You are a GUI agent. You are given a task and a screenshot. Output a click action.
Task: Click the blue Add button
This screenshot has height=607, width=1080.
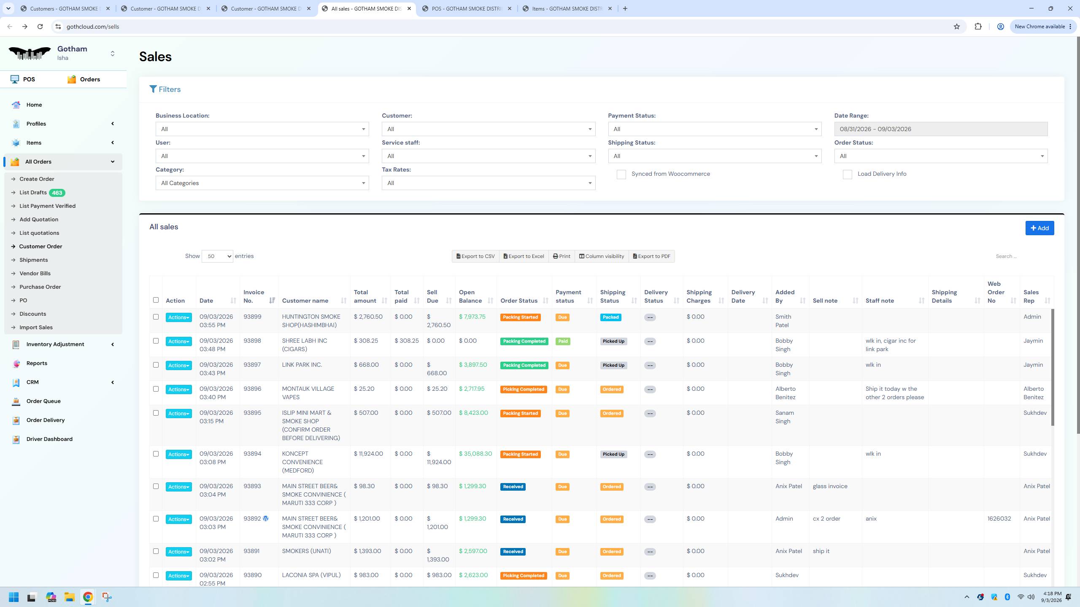1039,228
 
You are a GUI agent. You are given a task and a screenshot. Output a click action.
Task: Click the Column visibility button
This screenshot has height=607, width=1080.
602,256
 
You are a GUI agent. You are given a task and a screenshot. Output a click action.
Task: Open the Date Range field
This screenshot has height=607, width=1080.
941,129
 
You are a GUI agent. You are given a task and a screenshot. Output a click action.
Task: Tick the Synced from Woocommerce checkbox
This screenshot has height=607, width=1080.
621,175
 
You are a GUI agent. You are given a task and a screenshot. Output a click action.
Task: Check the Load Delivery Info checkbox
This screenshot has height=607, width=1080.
847,175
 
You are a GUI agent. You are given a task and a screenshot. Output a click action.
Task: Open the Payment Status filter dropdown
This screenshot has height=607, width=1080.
715,129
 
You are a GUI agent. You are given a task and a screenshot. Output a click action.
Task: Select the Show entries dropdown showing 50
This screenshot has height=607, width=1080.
217,256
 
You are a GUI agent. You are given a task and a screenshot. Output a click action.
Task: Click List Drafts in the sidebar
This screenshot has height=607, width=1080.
33,193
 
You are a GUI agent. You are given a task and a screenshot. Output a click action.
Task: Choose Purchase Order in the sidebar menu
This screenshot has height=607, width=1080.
40,287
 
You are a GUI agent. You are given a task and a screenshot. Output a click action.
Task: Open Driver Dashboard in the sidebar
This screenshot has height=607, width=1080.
49,439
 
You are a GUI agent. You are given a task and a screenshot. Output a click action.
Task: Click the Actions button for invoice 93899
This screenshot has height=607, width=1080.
178,317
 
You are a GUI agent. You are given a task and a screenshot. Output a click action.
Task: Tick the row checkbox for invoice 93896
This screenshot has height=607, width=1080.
156,389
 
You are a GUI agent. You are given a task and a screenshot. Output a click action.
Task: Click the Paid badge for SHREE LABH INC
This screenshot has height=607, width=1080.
563,341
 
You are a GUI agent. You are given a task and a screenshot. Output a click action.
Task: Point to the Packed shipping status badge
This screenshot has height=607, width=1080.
610,317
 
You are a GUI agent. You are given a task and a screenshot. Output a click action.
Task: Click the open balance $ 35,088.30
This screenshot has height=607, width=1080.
475,454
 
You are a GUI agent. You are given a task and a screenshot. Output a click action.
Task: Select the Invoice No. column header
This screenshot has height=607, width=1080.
254,296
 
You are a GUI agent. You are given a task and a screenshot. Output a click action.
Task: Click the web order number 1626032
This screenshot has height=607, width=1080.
999,519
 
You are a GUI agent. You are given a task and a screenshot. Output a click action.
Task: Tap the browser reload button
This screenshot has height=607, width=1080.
40,27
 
